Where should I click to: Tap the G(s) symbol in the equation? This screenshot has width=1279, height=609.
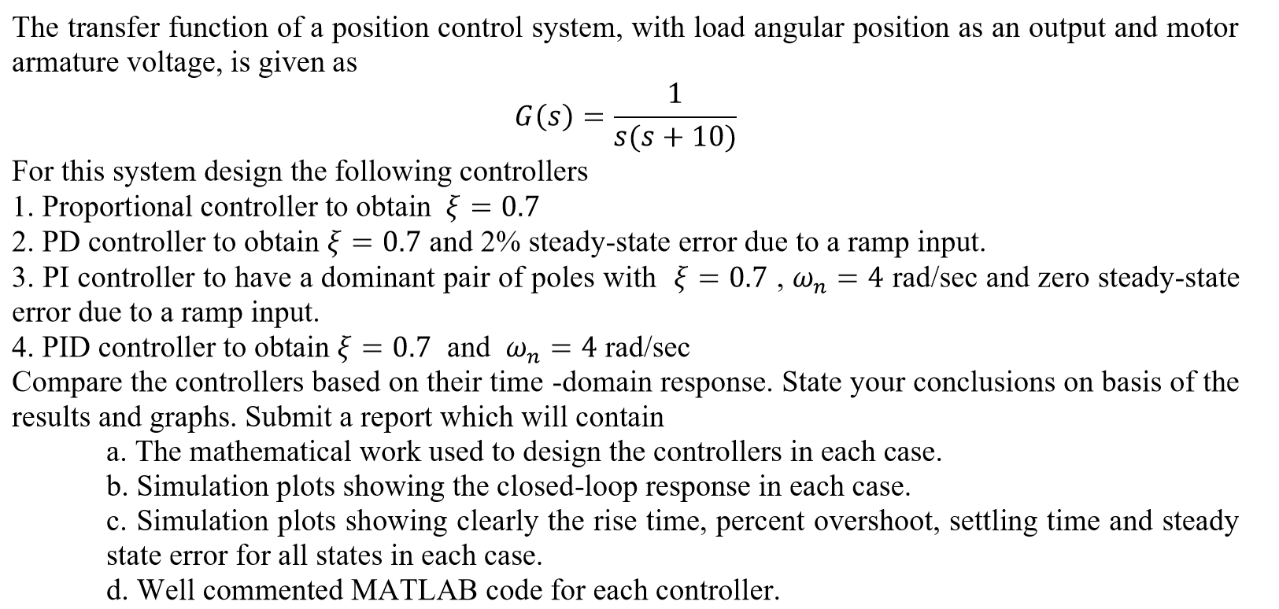point(543,118)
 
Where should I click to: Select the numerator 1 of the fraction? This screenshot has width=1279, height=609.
point(675,94)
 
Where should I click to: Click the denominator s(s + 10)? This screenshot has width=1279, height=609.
point(675,138)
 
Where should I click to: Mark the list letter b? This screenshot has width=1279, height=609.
point(115,486)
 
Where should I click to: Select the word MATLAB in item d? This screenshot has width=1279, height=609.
point(414,590)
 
